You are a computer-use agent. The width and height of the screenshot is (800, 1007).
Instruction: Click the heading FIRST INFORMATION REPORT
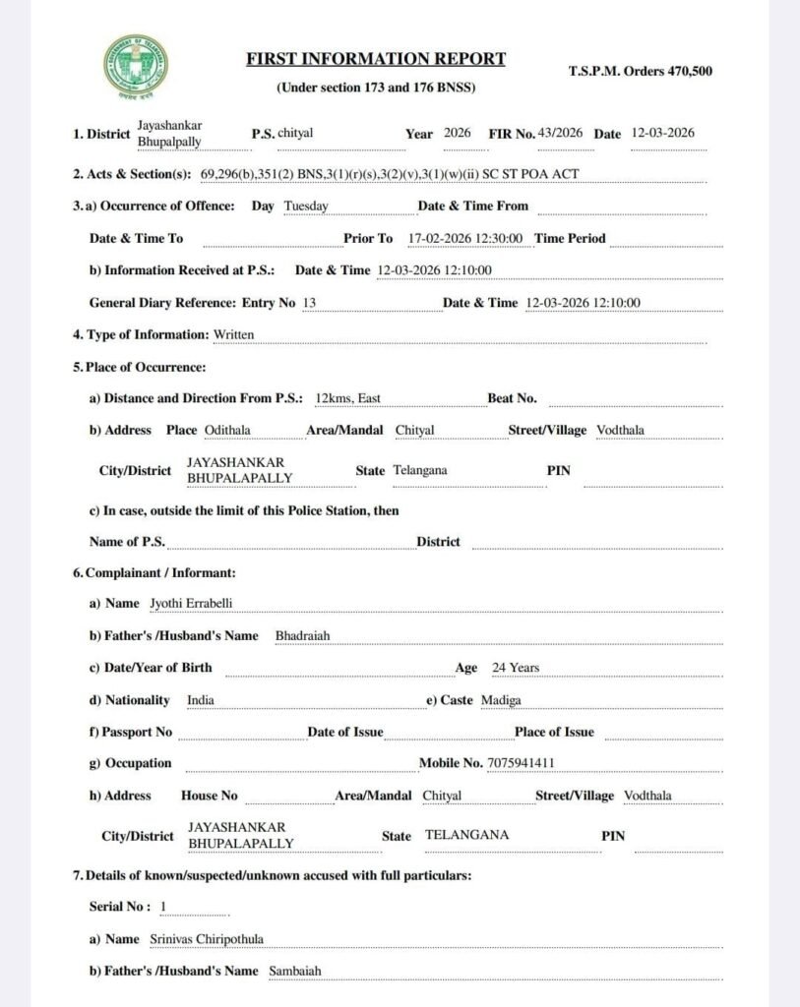(x=376, y=59)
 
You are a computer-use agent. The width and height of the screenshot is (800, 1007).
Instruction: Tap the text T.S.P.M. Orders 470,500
(x=641, y=72)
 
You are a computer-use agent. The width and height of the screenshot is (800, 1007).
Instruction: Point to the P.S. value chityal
(x=296, y=133)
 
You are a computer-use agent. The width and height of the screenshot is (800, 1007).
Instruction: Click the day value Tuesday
(x=305, y=207)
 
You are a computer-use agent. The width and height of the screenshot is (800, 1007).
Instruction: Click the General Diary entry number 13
(x=309, y=303)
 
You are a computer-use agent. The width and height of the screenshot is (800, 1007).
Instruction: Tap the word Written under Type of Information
(x=233, y=334)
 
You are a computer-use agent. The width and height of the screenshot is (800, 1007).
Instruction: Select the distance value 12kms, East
(x=347, y=398)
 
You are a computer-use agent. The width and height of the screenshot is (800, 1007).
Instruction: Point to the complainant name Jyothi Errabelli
(x=191, y=603)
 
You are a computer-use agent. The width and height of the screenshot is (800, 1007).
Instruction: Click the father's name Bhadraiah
(x=302, y=635)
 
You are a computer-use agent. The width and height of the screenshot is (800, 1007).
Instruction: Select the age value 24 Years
(x=516, y=668)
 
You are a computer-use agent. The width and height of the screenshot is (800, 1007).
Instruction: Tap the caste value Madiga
(x=501, y=700)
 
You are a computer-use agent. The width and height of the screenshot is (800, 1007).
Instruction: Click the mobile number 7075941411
(x=527, y=762)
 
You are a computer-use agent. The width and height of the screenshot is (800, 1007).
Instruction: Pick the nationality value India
(x=201, y=700)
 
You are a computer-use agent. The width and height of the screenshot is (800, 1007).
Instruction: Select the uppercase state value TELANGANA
(x=466, y=835)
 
